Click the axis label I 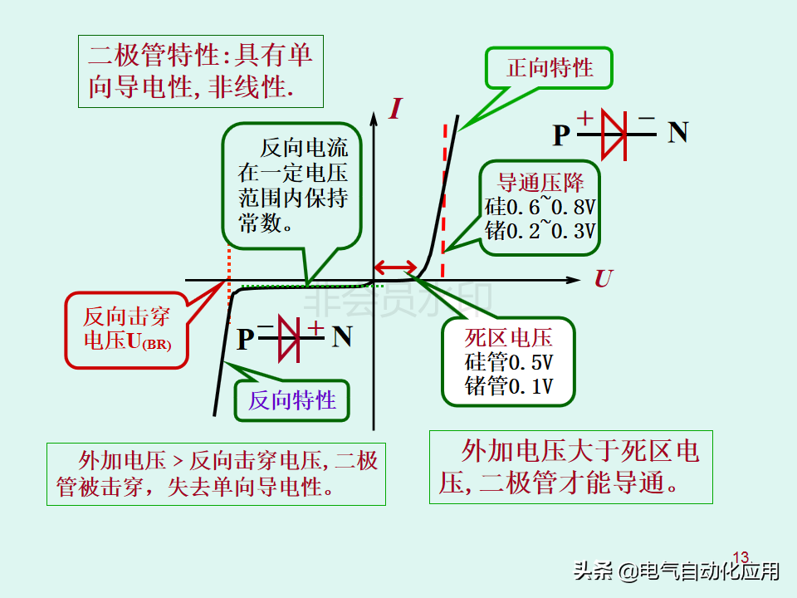coord(396,108)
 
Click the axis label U coord(603,279)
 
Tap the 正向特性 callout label coord(550,67)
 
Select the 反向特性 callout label coord(292,400)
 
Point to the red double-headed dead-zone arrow coord(395,267)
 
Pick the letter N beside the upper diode coord(678,133)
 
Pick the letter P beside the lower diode coord(245,339)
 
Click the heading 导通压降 coord(540,183)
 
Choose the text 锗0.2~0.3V coord(540,230)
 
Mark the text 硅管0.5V coord(509,362)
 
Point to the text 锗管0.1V coord(509,386)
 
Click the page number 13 coord(741,556)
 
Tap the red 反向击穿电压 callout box coord(126,329)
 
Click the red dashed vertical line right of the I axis coord(444,199)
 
